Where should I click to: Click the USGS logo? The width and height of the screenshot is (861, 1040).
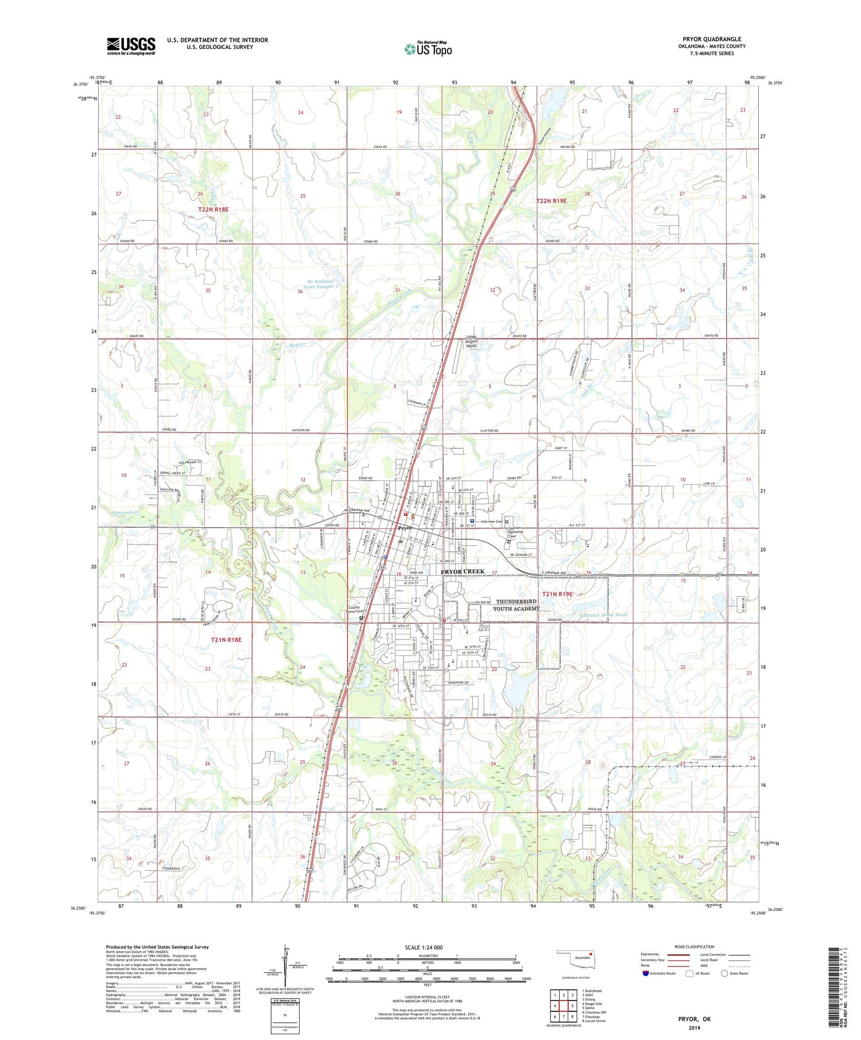(x=131, y=46)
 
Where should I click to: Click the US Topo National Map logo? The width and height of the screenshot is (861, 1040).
(x=428, y=49)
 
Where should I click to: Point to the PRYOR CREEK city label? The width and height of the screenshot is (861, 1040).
(x=463, y=572)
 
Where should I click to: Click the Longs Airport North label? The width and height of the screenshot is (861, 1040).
(x=471, y=341)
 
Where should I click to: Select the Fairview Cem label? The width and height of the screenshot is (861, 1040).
(x=492, y=521)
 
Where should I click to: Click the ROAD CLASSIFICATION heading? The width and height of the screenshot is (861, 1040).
(x=695, y=946)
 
